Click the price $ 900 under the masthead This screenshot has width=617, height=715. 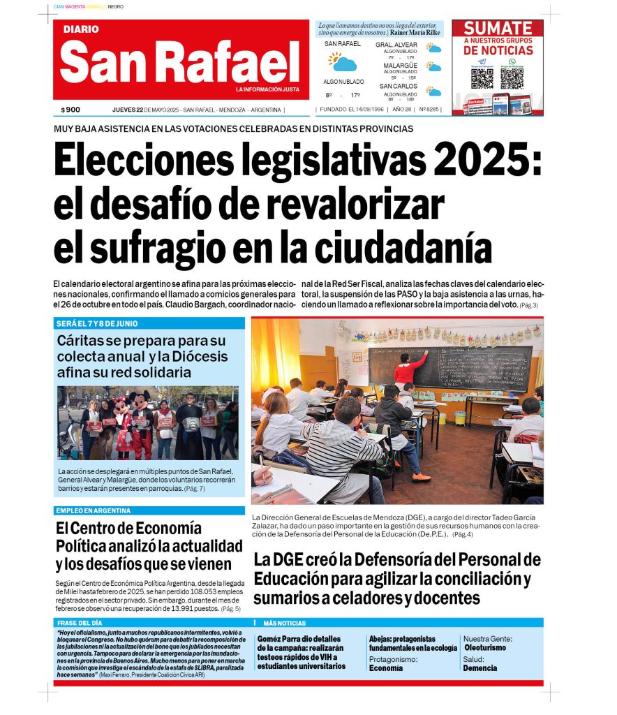tap(70, 110)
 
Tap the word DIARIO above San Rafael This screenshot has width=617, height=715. tap(81, 29)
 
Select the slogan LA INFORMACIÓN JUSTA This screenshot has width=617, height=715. tap(267, 89)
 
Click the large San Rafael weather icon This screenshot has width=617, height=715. tap(343, 61)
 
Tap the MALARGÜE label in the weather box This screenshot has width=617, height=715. tap(400, 66)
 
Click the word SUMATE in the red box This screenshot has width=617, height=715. tap(498, 28)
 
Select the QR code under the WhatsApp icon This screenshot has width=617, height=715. tap(512, 78)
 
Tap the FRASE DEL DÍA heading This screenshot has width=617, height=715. tap(80, 623)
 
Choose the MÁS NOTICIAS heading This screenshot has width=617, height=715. tap(284, 623)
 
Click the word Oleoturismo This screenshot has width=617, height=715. tap(485, 648)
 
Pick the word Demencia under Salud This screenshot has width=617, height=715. tap(480, 668)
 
